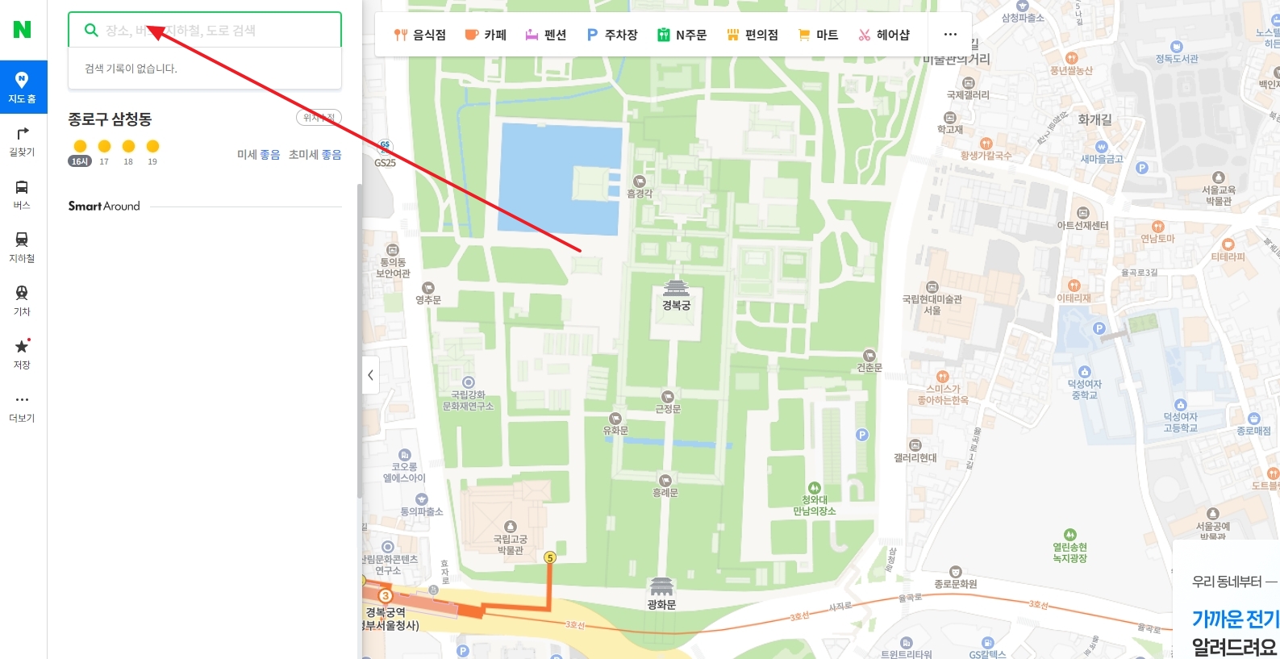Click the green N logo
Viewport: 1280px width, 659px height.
pyautogui.click(x=23, y=30)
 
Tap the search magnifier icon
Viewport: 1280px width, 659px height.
pyautogui.click(x=91, y=30)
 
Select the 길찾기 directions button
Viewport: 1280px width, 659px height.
pyautogui.click(x=23, y=140)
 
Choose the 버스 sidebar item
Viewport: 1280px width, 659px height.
pyautogui.click(x=23, y=194)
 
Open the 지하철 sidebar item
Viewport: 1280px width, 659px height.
pyautogui.click(x=23, y=247)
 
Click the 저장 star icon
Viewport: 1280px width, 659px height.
pyautogui.click(x=23, y=347)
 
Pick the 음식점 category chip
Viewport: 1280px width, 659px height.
pyautogui.click(x=419, y=35)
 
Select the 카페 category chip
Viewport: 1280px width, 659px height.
pyautogui.click(x=486, y=35)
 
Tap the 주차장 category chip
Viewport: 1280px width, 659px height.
pyautogui.click(x=612, y=35)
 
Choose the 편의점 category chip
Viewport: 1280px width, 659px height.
pyautogui.click(x=752, y=35)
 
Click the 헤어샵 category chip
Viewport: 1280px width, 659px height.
pyautogui.click(x=884, y=35)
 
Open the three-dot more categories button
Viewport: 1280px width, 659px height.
pyautogui.click(x=950, y=35)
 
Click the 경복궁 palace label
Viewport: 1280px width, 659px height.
pyautogui.click(x=676, y=305)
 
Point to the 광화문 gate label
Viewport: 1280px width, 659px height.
pyautogui.click(x=661, y=604)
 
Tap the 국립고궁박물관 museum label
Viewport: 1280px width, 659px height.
pyautogui.click(x=510, y=544)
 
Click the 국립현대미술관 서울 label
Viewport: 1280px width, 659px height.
pyautogui.click(x=932, y=304)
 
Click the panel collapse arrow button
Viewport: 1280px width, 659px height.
pyautogui.click(x=370, y=375)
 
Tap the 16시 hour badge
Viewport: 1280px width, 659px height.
pyautogui.click(x=80, y=161)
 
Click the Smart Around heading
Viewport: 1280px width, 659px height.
pyautogui.click(x=104, y=206)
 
